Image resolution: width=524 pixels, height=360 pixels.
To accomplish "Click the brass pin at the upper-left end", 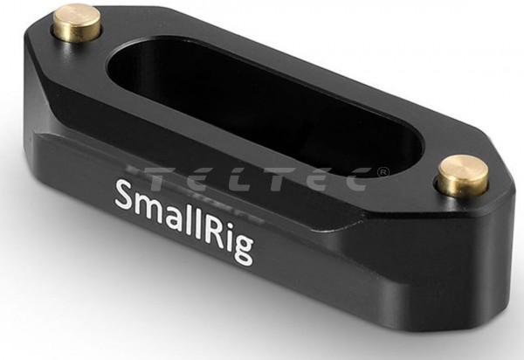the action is click(x=76, y=23).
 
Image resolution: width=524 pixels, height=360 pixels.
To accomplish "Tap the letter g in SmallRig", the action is click(x=243, y=249).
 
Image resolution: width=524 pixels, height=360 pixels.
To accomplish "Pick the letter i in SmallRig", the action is click(x=231, y=234).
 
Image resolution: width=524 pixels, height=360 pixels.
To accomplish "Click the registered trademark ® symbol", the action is click(x=383, y=172).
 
